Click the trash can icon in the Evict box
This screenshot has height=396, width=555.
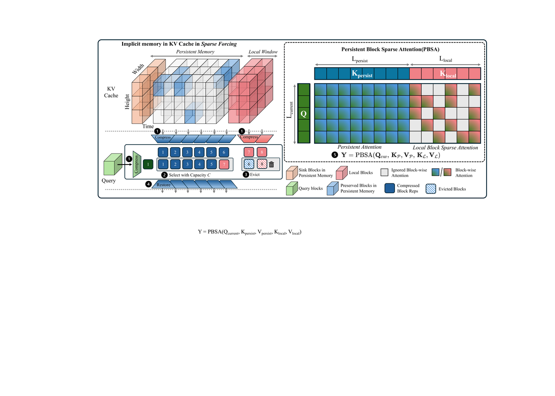point(271,164)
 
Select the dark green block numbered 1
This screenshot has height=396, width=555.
point(148,164)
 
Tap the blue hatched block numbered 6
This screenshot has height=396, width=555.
point(249,164)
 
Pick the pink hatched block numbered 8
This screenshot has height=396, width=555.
point(262,164)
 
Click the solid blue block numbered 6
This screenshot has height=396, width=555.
point(224,152)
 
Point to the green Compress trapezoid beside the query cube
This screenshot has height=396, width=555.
point(137,164)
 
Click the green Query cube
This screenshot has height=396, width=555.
point(113,164)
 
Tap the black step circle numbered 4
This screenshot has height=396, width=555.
point(148,184)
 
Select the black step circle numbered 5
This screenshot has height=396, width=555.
point(335,155)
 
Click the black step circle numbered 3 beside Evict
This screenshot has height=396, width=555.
point(246,175)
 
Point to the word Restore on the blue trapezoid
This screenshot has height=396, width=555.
point(164,185)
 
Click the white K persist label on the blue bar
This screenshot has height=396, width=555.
point(362,74)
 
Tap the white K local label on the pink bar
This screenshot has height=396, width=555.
point(448,74)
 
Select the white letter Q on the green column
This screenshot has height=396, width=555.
point(303,114)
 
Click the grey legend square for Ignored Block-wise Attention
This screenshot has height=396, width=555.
point(384,172)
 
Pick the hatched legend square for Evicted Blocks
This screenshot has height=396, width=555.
point(431,189)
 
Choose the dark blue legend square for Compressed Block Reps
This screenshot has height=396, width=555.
point(389,189)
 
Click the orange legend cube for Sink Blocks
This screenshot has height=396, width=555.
point(292,172)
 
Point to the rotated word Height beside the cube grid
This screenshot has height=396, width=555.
point(127,102)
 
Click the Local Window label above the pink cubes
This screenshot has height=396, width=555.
point(263,52)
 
